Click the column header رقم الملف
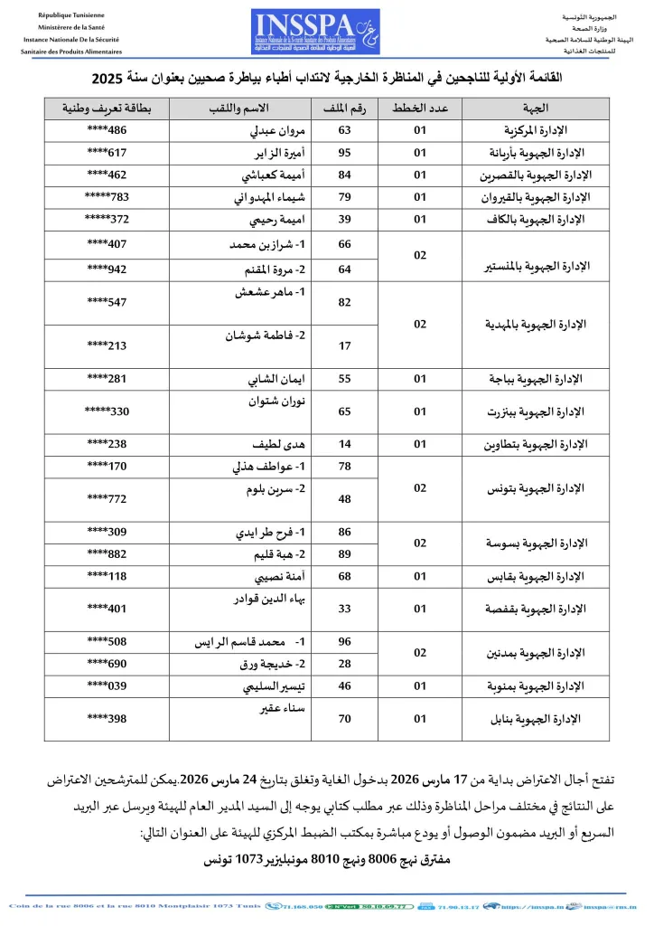tap(343, 109)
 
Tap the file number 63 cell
tap(343, 130)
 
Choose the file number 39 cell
tap(343, 219)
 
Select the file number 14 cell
tap(343, 444)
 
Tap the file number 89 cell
tap(343, 553)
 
